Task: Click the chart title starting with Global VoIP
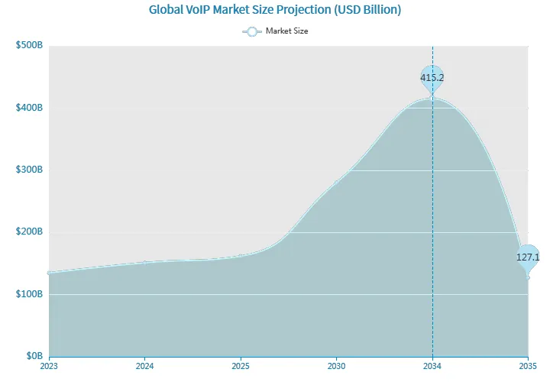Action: click(x=275, y=10)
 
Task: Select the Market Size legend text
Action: click(x=286, y=31)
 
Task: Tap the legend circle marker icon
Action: click(x=252, y=31)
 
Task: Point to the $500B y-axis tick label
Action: click(x=29, y=46)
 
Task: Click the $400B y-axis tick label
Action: click(x=29, y=108)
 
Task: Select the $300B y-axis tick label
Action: click(x=29, y=170)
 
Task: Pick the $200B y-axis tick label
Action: click(x=29, y=231)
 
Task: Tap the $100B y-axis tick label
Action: click(x=29, y=294)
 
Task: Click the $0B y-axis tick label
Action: click(x=33, y=356)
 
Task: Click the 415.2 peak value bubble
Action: click(x=432, y=77)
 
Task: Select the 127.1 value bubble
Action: click(x=528, y=257)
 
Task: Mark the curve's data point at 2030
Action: click(x=337, y=181)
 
